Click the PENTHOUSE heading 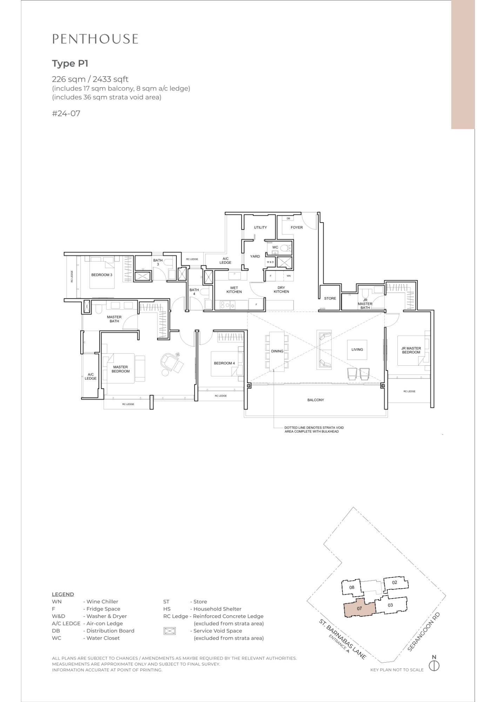point(95,39)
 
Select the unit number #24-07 point(66,113)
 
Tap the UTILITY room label point(260,227)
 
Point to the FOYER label point(296,227)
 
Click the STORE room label point(330,298)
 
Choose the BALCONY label point(316,400)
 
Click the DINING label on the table point(277,351)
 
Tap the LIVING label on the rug point(357,350)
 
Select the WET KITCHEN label point(234,290)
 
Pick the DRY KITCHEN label point(281,290)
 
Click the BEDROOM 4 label point(224,363)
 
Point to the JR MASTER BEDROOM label point(411,350)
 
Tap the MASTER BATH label point(114,319)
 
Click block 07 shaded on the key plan point(360,609)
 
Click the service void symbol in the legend point(169,631)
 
